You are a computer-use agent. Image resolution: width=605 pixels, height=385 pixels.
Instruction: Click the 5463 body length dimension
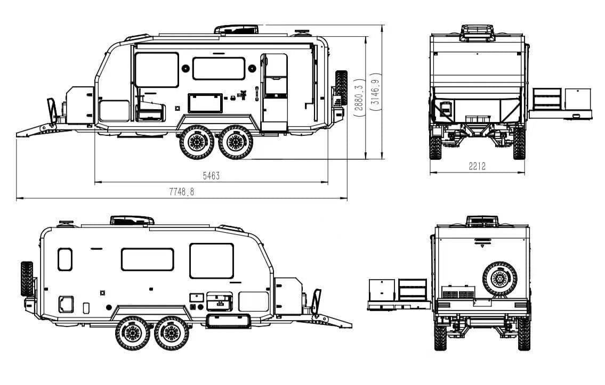211,176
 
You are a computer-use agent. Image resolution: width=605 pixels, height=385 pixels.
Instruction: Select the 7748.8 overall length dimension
181,192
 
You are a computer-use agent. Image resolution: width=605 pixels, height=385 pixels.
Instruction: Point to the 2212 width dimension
477,166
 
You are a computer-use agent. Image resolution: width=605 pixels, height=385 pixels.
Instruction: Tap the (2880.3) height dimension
359,95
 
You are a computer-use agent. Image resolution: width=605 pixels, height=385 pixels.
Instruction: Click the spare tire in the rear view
500,278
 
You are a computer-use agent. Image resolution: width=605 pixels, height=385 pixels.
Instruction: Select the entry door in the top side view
275,93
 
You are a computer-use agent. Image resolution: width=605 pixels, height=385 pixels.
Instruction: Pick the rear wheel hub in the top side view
236,142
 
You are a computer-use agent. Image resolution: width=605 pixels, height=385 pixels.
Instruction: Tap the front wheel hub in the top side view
196,142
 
